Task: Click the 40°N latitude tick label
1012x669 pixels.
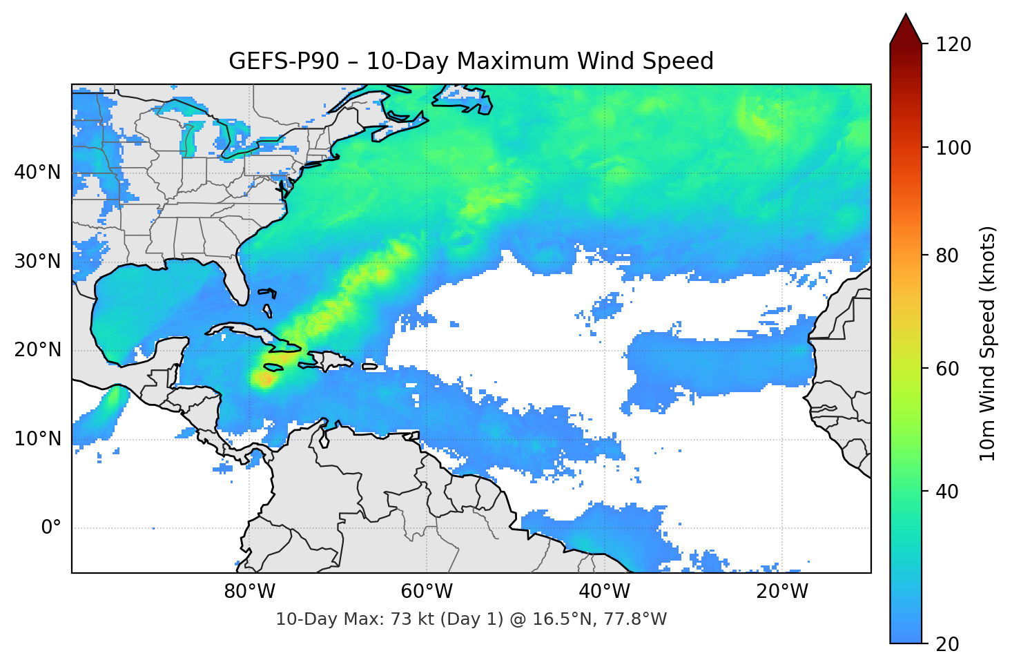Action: click(x=37, y=173)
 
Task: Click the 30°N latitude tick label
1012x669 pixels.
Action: click(x=37, y=262)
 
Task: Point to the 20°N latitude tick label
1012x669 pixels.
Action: click(x=37, y=350)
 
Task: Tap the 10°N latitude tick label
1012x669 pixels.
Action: click(x=37, y=439)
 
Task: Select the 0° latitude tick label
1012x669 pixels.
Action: click(x=51, y=528)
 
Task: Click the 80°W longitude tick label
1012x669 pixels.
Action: click(x=249, y=592)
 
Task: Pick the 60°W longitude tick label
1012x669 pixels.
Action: click(x=427, y=592)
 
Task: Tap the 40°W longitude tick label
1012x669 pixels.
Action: click(x=604, y=592)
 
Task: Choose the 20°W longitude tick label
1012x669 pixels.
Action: click(x=781, y=592)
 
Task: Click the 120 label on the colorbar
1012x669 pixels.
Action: click(x=953, y=45)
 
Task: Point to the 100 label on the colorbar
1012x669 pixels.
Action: click(x=953, y=148)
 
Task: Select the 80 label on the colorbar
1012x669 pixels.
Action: click(x=947, y=255)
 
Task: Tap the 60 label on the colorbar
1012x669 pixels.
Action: click(x=947, y=369)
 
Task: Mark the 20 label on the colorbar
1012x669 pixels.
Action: click(x=947, y=644)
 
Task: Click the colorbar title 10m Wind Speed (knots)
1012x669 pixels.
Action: click(x=988, y=343)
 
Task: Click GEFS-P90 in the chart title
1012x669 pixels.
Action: click(x=284, y=61)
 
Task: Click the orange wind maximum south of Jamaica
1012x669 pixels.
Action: click(x=264, y=378)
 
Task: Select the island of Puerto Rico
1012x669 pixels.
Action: click(x=370, y=366)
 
